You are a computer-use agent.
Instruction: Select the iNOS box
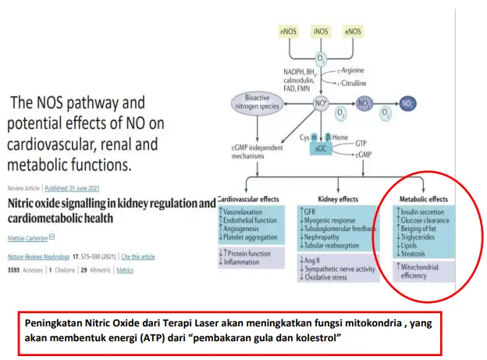coord(320,32)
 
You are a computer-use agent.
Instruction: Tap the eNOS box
coord(353,32)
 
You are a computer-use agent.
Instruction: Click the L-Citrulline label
coord(351,82)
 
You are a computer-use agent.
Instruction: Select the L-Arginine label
coord(350,70)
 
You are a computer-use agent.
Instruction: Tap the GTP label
coord(361,144)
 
